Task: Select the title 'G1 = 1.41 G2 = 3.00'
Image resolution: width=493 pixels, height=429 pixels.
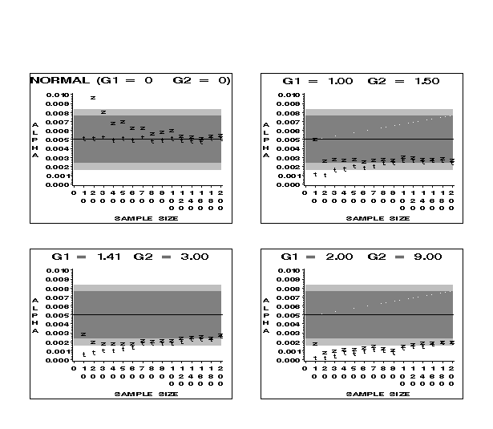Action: (130, 256)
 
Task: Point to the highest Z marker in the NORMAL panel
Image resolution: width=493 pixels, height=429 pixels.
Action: (93, 98)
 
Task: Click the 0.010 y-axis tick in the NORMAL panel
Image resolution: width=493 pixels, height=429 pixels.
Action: (59, 95)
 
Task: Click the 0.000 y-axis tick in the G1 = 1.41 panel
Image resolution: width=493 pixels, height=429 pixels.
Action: (59, 360)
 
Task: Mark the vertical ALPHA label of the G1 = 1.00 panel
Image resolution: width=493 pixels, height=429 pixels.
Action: (266, 140)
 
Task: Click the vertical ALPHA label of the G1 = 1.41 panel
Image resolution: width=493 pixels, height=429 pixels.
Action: (35, 315)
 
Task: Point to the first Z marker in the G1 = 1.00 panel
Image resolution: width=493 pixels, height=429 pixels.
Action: (315, 140)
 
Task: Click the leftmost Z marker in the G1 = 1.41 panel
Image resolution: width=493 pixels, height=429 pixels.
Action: (83, 334)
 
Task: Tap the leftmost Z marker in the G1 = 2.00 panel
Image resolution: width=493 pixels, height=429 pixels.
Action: (315, 343)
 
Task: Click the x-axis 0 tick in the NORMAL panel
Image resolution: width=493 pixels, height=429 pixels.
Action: (74, 192)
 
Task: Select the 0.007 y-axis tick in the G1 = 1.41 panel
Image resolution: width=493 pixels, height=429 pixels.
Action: (59, 297)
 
